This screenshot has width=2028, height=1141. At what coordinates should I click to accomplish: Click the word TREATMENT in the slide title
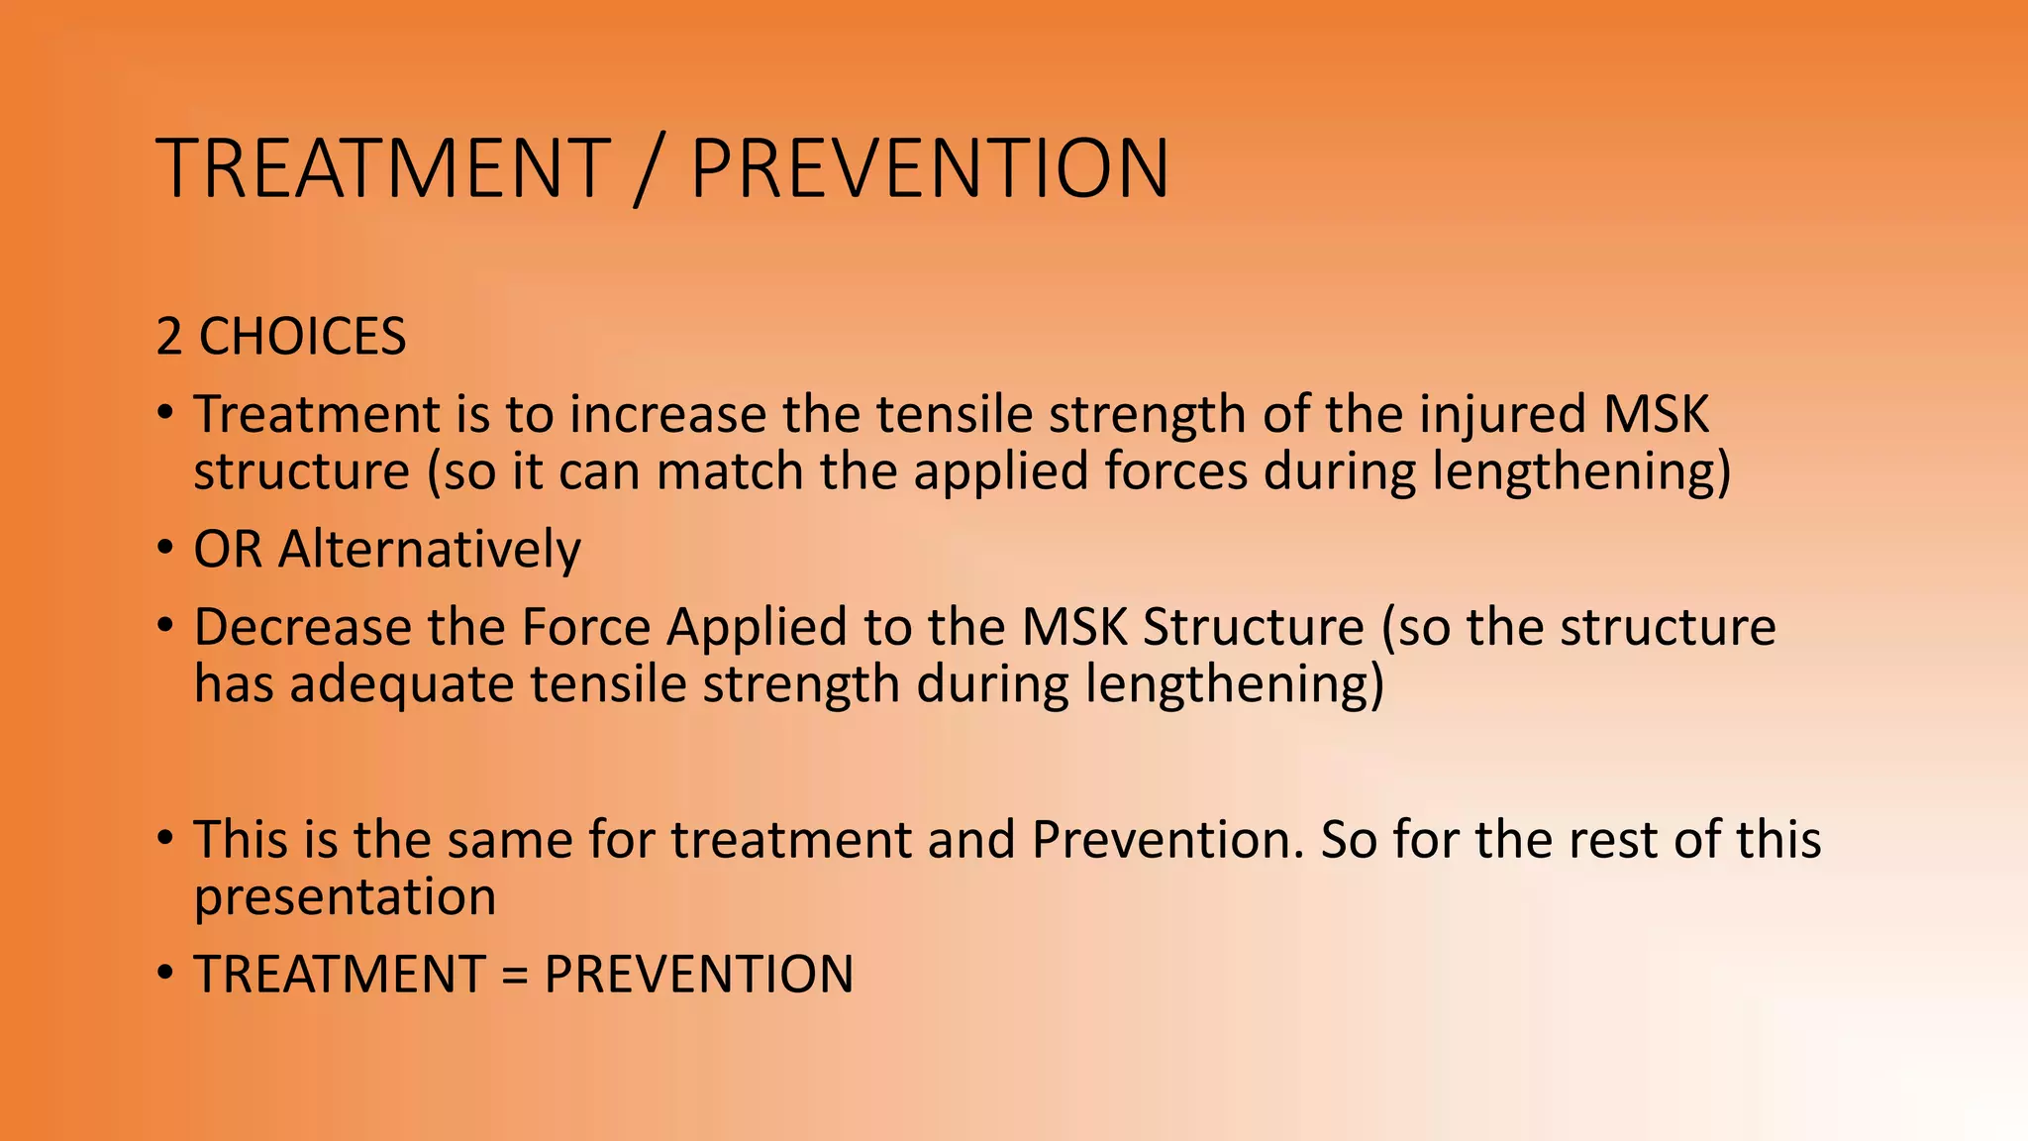(x=382, y=168)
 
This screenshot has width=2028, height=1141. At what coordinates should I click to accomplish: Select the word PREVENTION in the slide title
(x=929, y=168)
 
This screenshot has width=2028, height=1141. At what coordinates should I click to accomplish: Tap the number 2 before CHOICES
(x=169, y=337)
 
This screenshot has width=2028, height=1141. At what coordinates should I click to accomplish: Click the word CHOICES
(x=302, y=337)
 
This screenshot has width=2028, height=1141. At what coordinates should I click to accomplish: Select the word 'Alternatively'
(x=429, y=549)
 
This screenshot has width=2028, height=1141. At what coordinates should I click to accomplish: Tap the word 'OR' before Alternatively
(x=228, y=549)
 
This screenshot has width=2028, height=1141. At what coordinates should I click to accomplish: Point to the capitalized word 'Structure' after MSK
(x=1253, y=627)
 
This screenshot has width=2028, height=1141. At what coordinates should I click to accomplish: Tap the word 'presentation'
(x=344, y=897)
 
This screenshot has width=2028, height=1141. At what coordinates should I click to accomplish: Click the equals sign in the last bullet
(x=514, y=975)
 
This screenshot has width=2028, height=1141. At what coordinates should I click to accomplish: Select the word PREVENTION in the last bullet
(x=698, y=975)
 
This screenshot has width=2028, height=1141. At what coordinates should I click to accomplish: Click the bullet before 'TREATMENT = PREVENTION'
(x=166, y=973)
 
